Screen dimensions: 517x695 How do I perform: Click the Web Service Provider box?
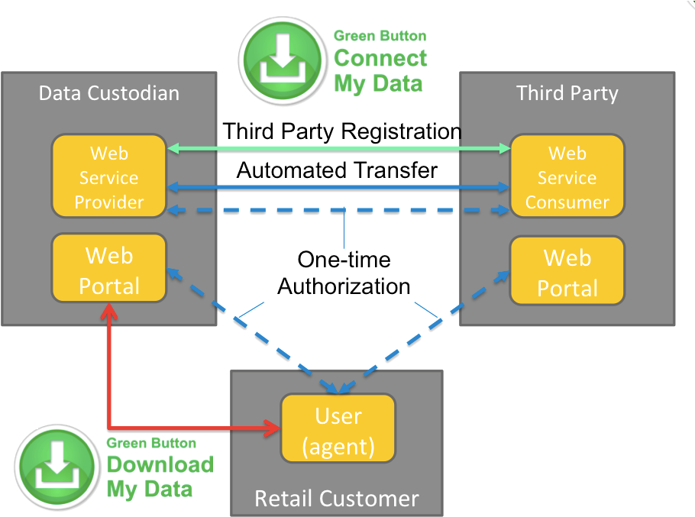tap(108, 177)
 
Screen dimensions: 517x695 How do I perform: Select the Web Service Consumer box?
tap(567, 177)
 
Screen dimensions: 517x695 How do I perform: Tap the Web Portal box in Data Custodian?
tap(109, 270)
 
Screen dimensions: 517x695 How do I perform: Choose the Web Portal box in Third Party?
tap(567, 272)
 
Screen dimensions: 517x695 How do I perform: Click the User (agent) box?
tap(338, 430)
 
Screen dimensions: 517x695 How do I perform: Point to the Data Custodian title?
tap(108, 93)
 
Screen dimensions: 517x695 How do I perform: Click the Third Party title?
tap(567, 93)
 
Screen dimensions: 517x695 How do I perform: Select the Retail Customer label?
tap(337, 499)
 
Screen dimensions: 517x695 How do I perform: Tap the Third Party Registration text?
tap(341, 131)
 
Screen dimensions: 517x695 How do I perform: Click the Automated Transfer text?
tap(337, 170)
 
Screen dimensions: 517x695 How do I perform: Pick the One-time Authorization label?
tap(344, 273)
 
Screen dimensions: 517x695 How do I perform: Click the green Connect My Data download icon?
tap(282, 60)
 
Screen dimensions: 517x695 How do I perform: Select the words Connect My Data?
tap(380, 70)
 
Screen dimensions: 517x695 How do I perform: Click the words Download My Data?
tap(159, 477)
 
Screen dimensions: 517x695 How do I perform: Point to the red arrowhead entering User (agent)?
tap(273, 428)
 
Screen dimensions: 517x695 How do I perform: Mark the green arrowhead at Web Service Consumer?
tap(503, 148)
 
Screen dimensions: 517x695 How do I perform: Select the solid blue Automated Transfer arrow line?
tap(336, 186)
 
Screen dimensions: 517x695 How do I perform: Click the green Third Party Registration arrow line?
tap(336, 148)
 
